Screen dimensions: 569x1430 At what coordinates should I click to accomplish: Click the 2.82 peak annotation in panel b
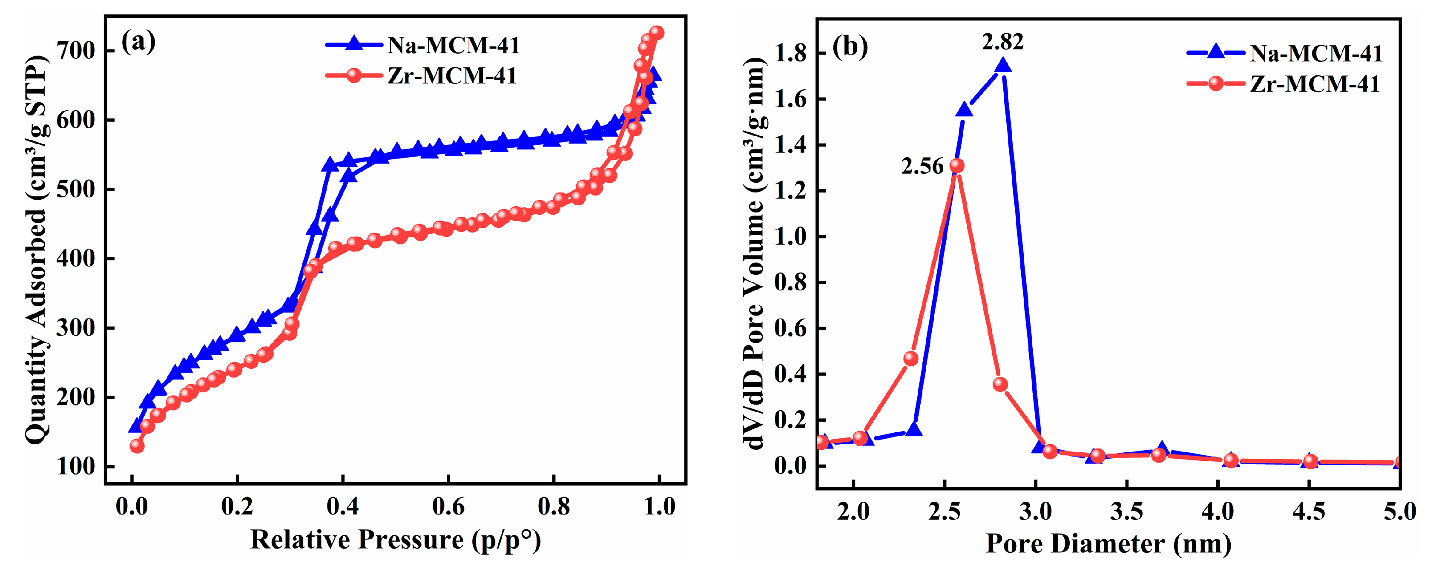pos(1002,42)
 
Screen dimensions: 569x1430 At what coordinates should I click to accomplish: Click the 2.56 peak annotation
pos(922,166)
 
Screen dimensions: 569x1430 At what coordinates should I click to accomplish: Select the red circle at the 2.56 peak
pos(956,165)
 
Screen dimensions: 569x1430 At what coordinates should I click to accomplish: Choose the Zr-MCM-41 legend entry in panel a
pos(451,75)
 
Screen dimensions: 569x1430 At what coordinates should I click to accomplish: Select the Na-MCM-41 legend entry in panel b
pos(1315,53)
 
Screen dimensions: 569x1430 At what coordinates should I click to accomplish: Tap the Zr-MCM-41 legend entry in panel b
pos(1315,84)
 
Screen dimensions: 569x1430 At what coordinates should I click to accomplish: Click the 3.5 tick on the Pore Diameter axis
pos(1126,511)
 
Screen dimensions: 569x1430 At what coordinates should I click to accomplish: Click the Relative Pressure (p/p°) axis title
pos(395,540)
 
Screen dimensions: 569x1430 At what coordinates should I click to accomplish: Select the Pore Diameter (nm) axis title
pos(1108,543)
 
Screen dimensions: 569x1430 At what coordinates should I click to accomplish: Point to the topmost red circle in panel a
pos(657,33)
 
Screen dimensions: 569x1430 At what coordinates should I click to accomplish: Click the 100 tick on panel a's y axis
pos(76,466)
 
